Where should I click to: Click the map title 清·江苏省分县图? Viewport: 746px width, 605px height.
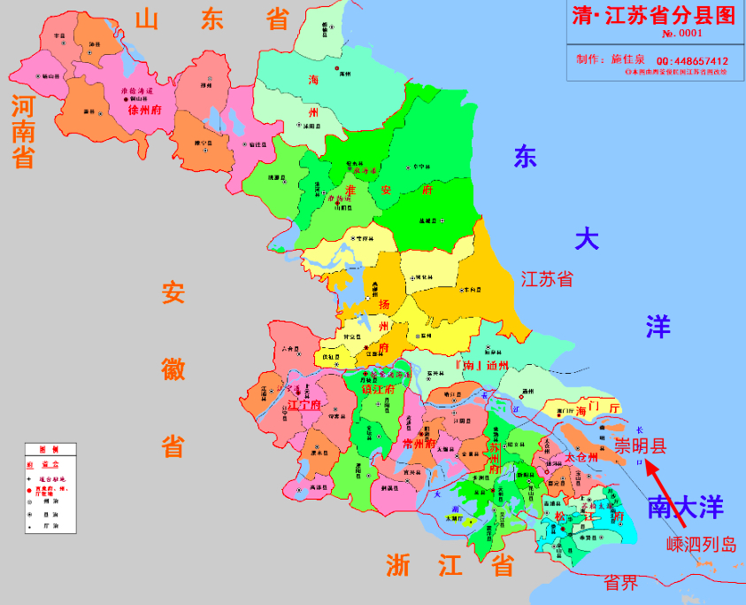pyautogui.click(x=654, y=15)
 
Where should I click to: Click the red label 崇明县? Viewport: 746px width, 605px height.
pyautogui.click(x=641, y=445)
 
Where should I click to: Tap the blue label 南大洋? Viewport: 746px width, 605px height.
pyautogui.click(x=686, y=508)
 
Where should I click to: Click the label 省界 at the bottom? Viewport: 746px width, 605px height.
pyautogui.click(x=620, y=582)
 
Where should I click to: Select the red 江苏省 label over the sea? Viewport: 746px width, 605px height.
pyautogui.click(x=546, y=280)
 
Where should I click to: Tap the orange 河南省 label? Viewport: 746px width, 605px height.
pyautogui.click(x=23, y=133)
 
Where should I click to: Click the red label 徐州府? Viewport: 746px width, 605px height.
pyautogui.click(x=144, y=111)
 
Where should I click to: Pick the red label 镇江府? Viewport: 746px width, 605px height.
pyautogui.click(x=379, y=388)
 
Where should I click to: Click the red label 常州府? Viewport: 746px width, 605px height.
pyautogui.click(x=416, y=443)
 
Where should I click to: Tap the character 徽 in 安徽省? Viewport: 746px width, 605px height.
pyautogui.click(x=173, y=368)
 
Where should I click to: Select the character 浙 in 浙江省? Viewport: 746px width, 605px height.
pyautogui.click(x=398, y=564)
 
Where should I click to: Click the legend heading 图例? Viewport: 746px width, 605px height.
pyautogui.click(x=50, y=449)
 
